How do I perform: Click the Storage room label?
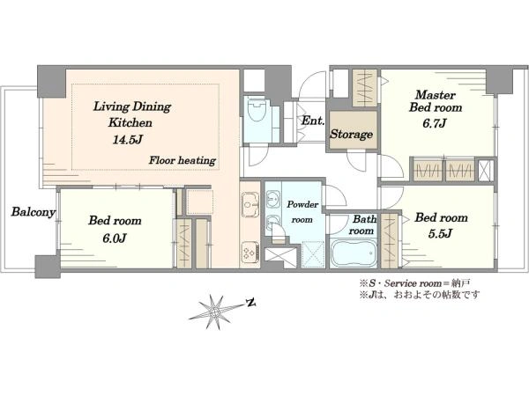click(x=351, y=134)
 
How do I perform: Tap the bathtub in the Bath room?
click(x=353, y=253)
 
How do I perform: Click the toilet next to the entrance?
click(x=256, y=110)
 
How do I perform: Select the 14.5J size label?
click(x=127, y=139)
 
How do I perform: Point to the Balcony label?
click(x=34, y=212)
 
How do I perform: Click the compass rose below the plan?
click(x=214, y=312)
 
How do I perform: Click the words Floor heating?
click(x=183, y=160)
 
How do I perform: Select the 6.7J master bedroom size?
click(x=435, y=123)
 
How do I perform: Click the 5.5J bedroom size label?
click(x=440, y=234)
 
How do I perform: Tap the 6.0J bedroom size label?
click(x=115, y=238)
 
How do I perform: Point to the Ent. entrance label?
click(x=313, y=121)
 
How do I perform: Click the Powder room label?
click(x=302, y=212)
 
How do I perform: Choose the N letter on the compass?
click(x=250, y=303)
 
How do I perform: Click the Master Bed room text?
click(x=436, y=101)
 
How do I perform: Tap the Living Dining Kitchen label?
click(x=131, y=114)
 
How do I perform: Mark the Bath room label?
click(x=362, y=225)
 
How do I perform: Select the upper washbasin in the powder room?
click(x=273, y=198)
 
